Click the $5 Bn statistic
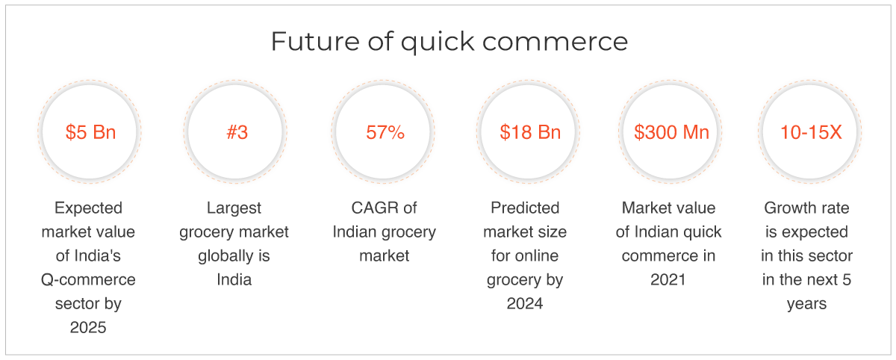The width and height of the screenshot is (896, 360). [91, 132]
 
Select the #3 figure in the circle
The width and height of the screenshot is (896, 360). [237, 132]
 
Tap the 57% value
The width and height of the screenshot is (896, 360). [385, 132]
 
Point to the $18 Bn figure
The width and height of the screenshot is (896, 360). [530, 132]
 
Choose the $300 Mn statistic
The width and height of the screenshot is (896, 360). [671, 132]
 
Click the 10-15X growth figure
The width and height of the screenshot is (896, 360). [811, 132]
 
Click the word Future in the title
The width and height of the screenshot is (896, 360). [315, 41]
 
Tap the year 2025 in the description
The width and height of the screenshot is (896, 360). [88, 328]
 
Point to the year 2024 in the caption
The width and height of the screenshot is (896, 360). [525, 303]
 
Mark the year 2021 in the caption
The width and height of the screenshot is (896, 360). [668, 279]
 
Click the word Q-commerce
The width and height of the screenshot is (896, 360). [88, 279]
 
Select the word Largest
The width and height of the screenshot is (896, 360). [234, 208]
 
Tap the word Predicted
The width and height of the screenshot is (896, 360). [525, 208]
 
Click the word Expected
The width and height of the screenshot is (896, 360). [88, 208]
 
